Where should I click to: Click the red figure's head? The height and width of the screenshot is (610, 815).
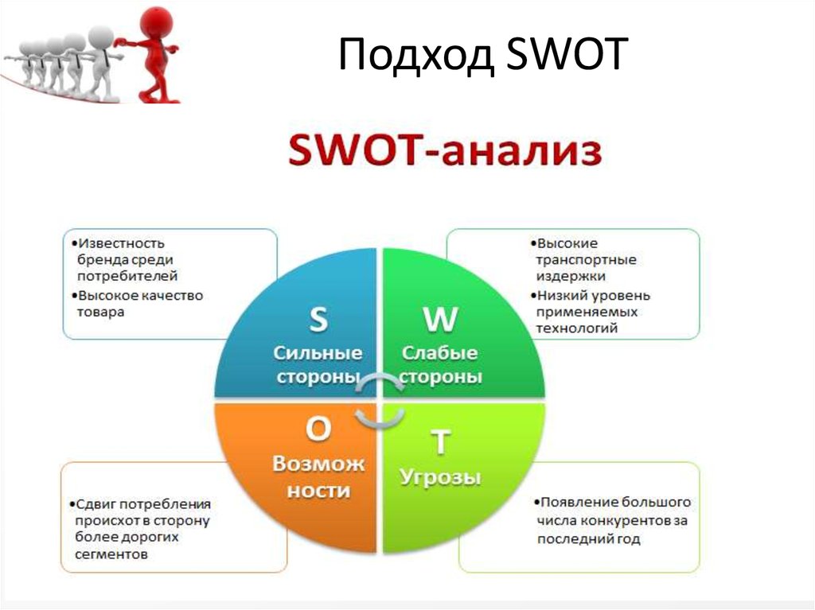coord(157,21)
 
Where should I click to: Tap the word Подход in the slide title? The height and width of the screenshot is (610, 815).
coord(415,55)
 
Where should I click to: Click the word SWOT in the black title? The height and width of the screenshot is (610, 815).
coord(567,53)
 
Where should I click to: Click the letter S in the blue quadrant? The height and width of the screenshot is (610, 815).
coord(318,319)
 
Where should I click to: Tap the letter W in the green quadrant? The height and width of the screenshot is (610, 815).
coord(440,319)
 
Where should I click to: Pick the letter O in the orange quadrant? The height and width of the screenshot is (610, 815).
coord(318,429)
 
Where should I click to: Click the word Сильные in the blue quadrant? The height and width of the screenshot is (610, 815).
coord(318,353)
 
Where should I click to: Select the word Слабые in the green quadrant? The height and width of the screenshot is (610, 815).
coord(439,353)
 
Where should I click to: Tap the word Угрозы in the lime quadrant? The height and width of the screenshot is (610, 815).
coord(440,477)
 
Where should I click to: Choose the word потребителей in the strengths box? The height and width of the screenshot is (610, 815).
coord(127,276)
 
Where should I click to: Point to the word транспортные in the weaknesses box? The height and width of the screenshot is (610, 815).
coord(587,260)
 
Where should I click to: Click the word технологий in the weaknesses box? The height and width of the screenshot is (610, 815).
coord(577,328)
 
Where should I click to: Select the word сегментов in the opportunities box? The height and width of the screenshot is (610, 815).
coord(111,554)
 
